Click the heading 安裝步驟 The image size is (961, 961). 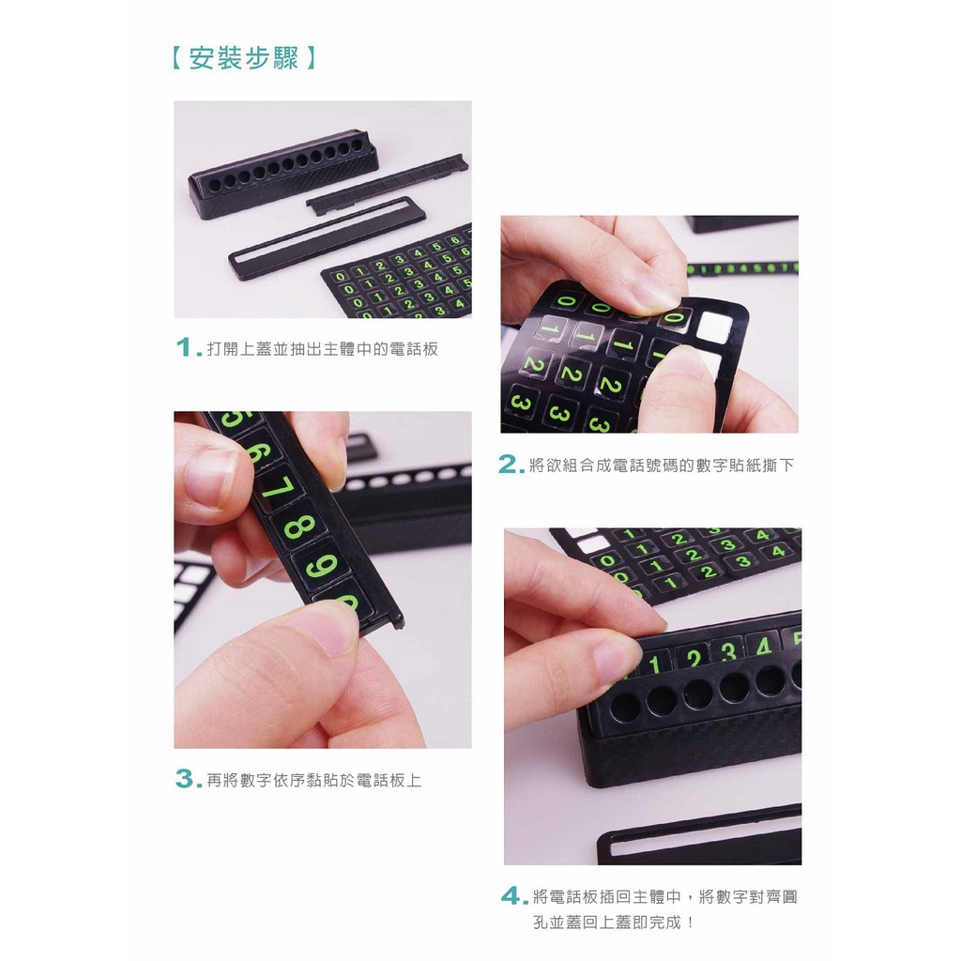(243, 59)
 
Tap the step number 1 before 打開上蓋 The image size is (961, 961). (184, 347)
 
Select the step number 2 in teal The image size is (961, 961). (508, 465)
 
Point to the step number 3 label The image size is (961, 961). (185, 779)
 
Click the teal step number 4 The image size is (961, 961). (511, 896)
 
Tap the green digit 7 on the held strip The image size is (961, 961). (278, 487)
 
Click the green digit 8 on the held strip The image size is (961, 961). (299, 526)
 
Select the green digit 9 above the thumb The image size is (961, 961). (322, 566)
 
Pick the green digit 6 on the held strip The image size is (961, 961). (259, 451)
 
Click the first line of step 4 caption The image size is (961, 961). (665, 896)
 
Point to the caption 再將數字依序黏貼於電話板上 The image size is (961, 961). (313, 780)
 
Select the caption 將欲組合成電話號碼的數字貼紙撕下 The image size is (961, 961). (662, 465)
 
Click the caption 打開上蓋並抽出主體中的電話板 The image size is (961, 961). (323, 349)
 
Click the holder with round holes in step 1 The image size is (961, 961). (283, 173)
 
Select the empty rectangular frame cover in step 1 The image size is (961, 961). (327, 237)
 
